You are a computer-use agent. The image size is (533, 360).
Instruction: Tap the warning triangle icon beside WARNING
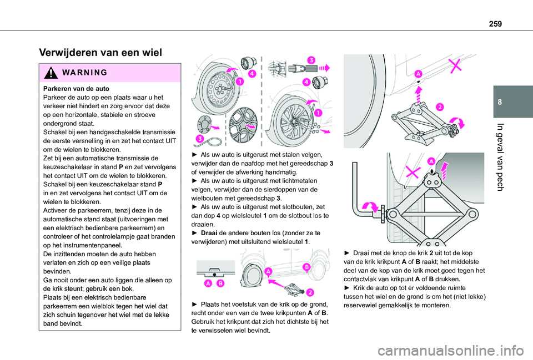click(x=48, y=73)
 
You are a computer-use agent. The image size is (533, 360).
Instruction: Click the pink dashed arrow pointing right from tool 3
click(x=324, y=67)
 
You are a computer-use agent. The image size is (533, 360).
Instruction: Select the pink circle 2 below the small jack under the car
click(x=309, y=292)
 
